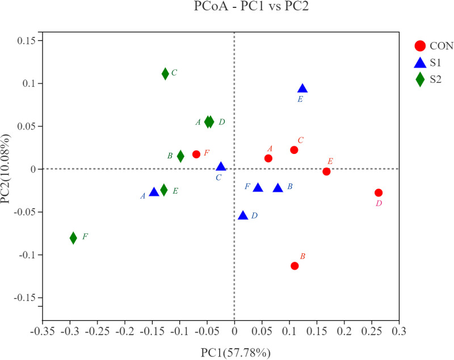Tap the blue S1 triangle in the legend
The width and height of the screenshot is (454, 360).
pos(420,63)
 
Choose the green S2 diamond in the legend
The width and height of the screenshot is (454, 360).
pos(420,79)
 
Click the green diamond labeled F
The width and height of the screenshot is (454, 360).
pos(73,238)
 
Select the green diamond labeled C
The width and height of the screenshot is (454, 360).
pos(165,74)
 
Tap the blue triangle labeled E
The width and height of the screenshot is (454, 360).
pos(302,89)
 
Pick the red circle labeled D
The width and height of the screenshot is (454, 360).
pos(379,193)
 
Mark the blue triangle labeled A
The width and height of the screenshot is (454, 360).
pos(154,192)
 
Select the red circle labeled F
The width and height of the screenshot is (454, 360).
pos(196,154)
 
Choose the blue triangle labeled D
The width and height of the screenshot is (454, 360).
pos(243,216)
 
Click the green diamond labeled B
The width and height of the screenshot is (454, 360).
pos(180,156)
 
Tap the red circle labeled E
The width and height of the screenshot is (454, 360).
pos(326,171)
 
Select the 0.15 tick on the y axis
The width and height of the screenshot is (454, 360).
pos(26,41)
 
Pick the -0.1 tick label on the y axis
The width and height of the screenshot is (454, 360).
pos(26,255)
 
